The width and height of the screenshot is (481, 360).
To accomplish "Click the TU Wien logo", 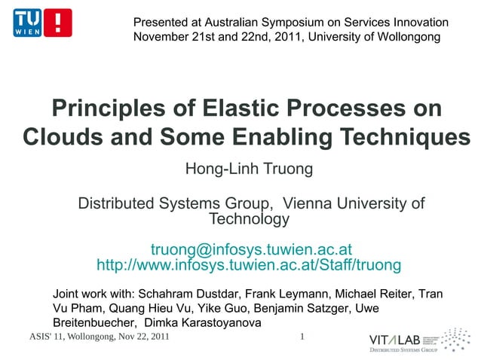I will [x=28, y=23].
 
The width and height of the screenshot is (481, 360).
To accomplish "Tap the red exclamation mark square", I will [x=58, y=23].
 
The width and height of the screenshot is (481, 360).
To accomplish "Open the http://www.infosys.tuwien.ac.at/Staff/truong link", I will [x=249, y=266].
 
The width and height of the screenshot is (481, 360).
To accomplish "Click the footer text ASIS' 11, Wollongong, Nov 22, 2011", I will [x=98, y=337].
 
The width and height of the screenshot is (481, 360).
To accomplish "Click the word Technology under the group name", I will [x=248, y=220].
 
